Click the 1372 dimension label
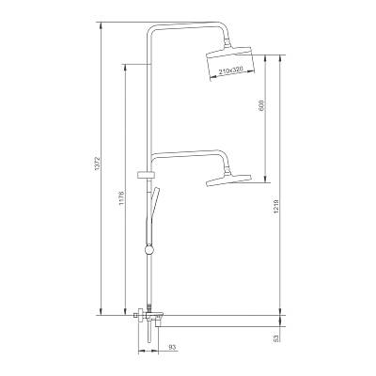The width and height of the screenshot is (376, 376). click(x=97, y=164)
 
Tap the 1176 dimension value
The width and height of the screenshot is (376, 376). click(x=122, y=198)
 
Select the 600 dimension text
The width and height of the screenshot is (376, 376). click(x=262, y=106)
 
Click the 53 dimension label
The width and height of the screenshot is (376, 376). click(x=276, y=338)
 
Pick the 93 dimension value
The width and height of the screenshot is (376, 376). click(x=172, y=347)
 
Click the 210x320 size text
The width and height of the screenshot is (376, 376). click(x=231, y=70)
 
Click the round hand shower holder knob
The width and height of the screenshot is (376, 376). click(x=149, y=250)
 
